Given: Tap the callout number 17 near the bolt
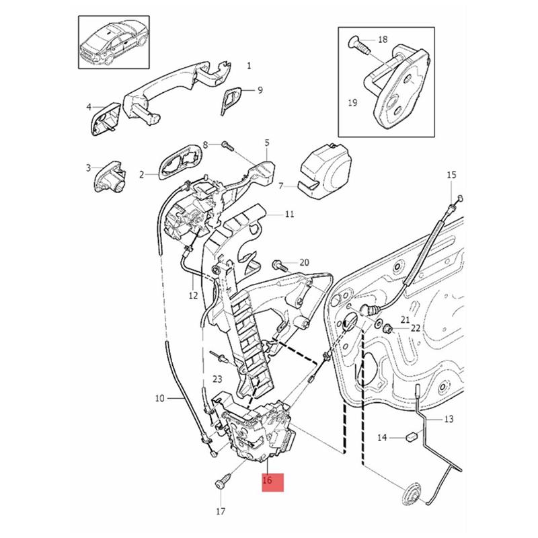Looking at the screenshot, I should (x=221, y=512).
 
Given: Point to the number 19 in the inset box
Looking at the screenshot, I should (x=352, y=103).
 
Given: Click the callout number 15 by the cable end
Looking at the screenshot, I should (x=451, y=176).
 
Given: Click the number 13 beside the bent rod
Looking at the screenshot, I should (x=449, y=418).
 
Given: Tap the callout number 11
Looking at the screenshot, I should (x=289, y=215).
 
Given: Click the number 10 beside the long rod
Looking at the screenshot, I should (x=160, y=398).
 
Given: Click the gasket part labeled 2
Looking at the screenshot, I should (x=178, y=162).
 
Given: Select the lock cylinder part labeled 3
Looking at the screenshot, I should (x=111, y=177).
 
